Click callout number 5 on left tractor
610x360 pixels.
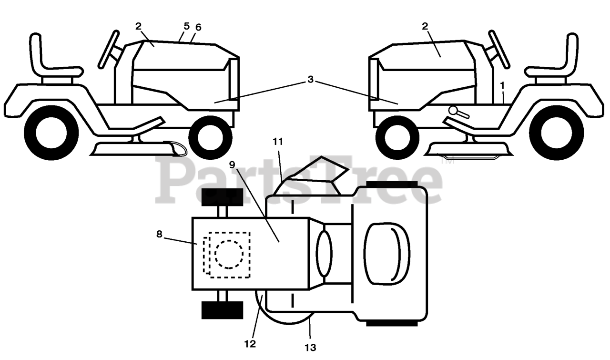(187, 26)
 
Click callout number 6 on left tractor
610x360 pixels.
(198, 28)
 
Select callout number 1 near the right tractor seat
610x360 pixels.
(502, 85)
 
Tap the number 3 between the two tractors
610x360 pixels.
(310, 80)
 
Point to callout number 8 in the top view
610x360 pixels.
(159, 234)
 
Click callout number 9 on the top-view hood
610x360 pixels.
(232, 165)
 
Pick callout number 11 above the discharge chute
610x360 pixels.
(278, 141)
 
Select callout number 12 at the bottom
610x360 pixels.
(250, 343)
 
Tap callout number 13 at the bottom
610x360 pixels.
(311, 348)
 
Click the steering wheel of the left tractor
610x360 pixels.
(108, 49)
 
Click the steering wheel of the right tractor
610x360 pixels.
(499, 49)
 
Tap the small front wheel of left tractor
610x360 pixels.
(210, 138)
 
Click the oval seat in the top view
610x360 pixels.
(386, 251)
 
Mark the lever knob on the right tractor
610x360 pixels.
(452, 110)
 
